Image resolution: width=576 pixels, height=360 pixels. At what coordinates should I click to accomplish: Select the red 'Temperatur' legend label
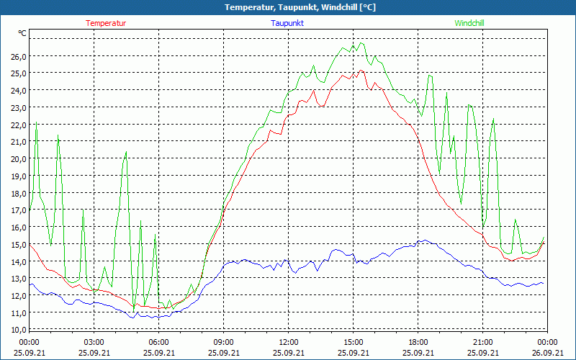pos(106,23)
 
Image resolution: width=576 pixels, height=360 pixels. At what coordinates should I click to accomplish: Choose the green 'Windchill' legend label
pos(469,23)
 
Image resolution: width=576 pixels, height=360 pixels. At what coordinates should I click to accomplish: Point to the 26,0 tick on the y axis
pos(18,56)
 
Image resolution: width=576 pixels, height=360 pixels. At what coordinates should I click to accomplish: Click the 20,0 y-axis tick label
pos(18,159)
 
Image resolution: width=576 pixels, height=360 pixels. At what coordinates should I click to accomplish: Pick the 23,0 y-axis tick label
pos(18,108)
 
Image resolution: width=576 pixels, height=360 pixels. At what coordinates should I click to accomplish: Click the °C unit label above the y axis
pos(22,33)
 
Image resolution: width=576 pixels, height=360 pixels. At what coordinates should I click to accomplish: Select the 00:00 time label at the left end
pos(29,342)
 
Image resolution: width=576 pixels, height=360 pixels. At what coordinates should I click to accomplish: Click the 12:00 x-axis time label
pos(288,342)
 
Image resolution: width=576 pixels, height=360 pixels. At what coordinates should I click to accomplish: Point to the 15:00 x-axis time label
pos(353,342)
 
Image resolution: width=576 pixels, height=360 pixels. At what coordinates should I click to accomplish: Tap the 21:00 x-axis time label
pos(482,342)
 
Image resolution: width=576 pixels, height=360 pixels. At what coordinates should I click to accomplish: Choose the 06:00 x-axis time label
pos(158,342)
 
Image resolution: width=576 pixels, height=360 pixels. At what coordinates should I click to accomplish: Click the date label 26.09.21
pos(547,352)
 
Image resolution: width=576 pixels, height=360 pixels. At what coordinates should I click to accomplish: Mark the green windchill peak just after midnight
pos(37,122)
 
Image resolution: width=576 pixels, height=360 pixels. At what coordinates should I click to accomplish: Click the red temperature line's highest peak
pos(362,71)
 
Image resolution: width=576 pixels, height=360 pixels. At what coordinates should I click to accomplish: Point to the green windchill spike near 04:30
pos(126,152)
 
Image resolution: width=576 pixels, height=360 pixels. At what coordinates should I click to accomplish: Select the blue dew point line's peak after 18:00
pos(426,240)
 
